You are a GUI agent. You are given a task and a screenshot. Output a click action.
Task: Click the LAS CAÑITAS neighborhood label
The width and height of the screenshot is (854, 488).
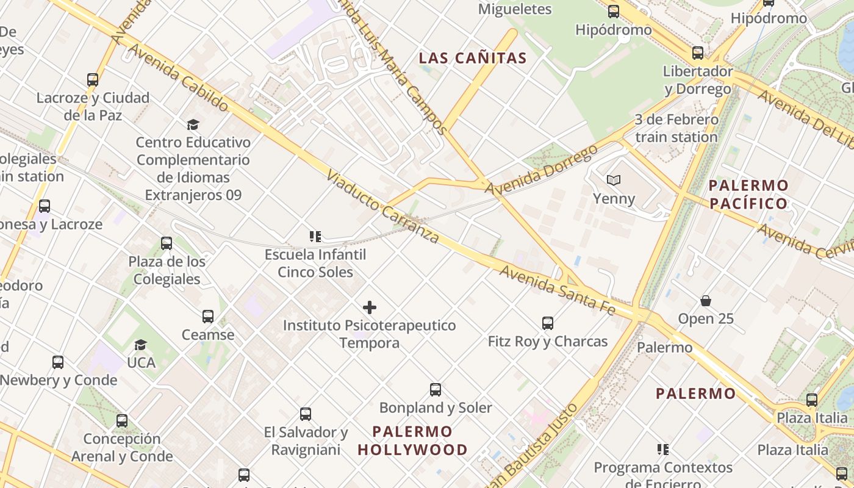coord(473,59)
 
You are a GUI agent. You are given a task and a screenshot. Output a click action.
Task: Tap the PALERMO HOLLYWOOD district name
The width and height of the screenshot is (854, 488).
coord(412,441)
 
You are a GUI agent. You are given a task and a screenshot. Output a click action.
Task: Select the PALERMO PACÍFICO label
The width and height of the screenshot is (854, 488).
coord(748,194)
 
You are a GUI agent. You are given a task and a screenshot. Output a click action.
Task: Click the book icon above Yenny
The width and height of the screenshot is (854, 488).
coord(614,180)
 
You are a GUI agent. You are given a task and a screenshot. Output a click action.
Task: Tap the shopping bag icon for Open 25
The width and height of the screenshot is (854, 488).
coord(706,300)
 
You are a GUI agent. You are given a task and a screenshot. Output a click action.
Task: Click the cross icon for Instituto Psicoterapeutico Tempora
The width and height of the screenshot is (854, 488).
coord(370,307)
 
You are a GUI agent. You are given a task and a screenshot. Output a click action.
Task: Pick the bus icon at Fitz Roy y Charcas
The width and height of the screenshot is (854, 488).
coord(548,323)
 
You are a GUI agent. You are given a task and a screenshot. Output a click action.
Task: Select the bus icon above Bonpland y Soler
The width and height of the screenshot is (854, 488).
coord(436,389)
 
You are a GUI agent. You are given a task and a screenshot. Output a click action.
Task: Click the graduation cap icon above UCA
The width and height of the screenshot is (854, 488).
coord(141,345)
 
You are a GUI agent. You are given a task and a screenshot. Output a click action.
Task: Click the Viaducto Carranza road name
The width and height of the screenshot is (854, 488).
coord(382,207)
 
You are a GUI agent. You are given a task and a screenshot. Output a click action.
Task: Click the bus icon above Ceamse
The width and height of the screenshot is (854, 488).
coord(208,316)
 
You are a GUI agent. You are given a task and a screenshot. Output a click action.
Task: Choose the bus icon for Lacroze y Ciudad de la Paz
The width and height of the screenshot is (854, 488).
coord(93,79)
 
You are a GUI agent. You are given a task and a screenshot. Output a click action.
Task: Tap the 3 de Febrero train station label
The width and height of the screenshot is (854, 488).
coord(676,128)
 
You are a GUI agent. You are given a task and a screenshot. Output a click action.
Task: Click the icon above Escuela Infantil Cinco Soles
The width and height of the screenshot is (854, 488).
coord(315,236)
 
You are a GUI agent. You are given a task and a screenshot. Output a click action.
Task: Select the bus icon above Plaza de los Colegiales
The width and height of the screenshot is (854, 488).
coord(167,243)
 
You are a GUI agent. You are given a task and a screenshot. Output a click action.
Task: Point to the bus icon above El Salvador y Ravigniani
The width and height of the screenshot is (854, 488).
coord(306,414)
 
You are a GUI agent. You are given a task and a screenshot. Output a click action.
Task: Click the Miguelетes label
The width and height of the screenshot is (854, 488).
coord(515,9)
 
